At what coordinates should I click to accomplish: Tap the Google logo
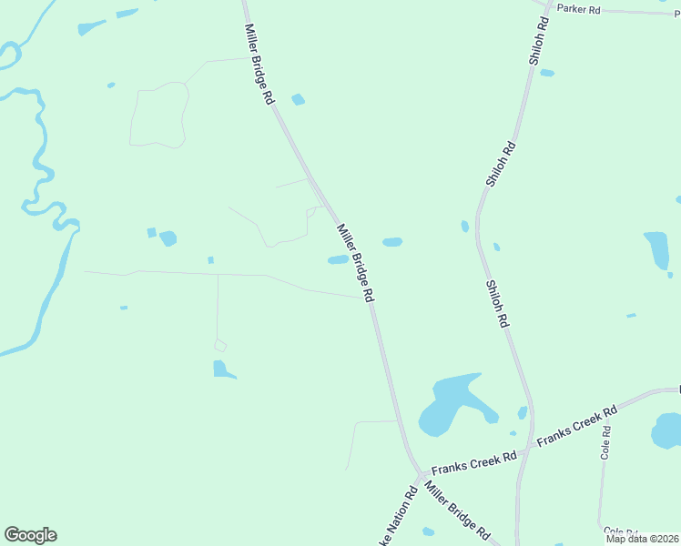coord(30,535)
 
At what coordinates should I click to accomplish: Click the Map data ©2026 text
coord(643,539)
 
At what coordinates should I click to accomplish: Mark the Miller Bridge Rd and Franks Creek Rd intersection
coord(420,473)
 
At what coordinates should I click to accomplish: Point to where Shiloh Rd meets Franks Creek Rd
coord(525,449)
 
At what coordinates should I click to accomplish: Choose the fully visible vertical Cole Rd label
coord(605,443)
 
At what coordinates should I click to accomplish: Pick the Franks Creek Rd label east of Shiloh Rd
coord(576,425)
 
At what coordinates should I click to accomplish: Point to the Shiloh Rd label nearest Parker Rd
coord(538,41)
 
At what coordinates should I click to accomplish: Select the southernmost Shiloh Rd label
coord(496,304)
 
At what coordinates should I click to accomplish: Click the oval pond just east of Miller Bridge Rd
coord(392,242)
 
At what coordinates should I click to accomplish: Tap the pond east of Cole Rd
coord(667,430)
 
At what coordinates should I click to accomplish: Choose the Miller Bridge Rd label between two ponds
coord(356,263)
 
